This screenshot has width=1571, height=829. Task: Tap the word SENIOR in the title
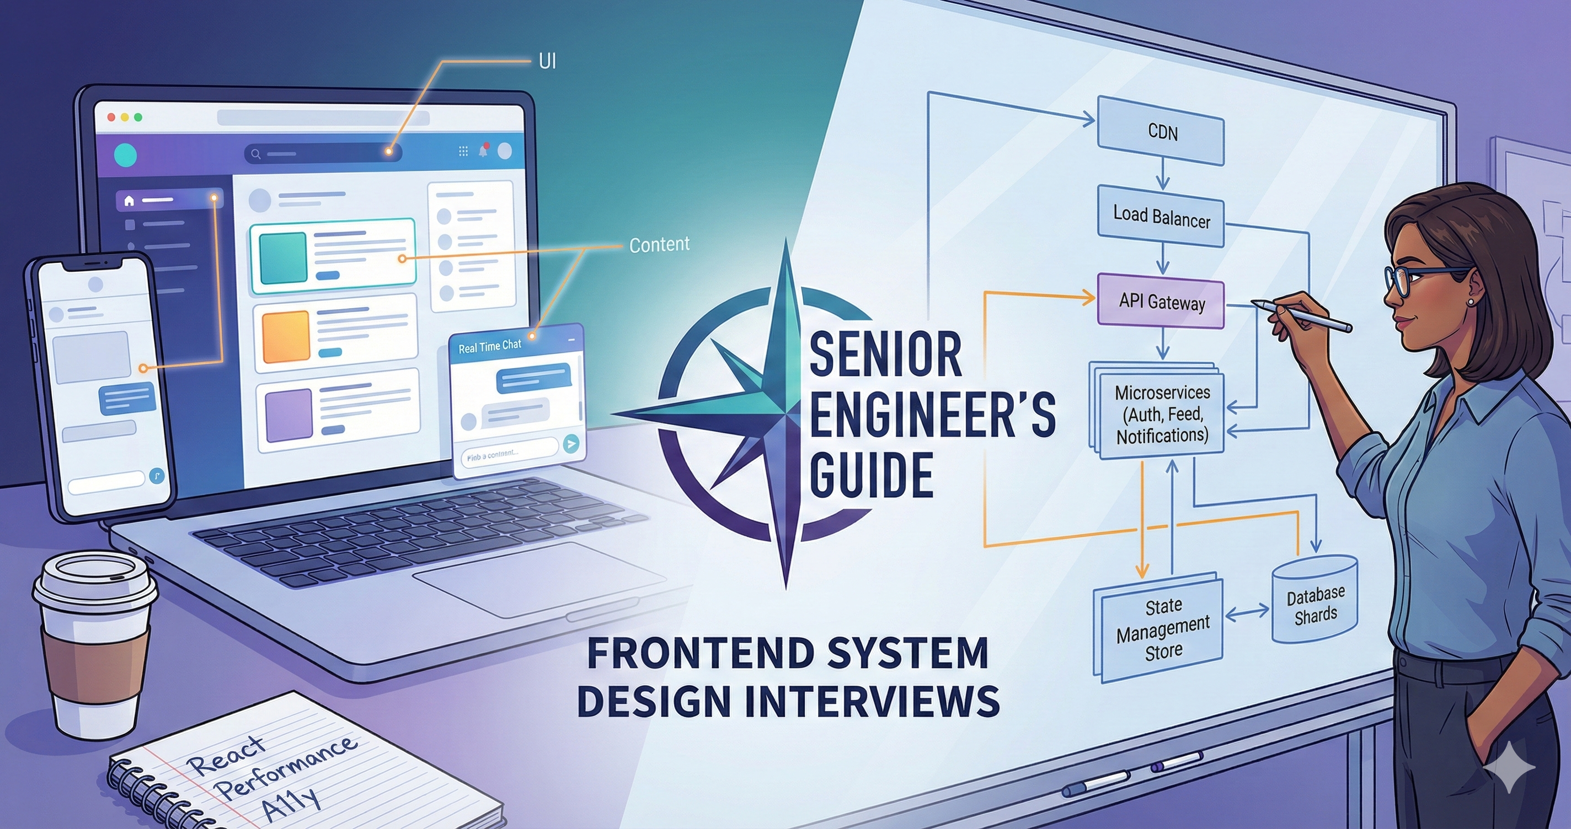[885, 355]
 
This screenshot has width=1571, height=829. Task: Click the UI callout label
[547, 62]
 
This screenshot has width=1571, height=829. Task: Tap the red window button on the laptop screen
[111, 117]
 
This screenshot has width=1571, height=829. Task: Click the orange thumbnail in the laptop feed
[285, 336]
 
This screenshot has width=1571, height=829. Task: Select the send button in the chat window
[571, 444]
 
